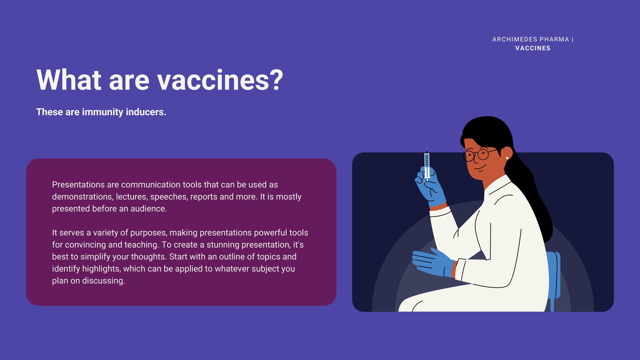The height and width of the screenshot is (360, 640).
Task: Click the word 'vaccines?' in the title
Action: point(220,80)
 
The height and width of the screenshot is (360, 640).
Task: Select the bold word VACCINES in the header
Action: point(533,48)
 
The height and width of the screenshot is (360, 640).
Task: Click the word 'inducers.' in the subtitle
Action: point(146,112)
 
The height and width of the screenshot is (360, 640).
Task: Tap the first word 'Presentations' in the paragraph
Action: point(78,184)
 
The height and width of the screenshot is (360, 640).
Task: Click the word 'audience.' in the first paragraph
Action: point(148,208)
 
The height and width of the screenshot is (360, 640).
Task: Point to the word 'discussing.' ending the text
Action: point(104,280)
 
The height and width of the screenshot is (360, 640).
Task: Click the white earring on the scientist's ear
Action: point(507,158)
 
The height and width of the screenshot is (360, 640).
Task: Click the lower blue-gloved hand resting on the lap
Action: point(433,263)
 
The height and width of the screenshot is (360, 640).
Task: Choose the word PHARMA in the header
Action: point(554,40)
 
